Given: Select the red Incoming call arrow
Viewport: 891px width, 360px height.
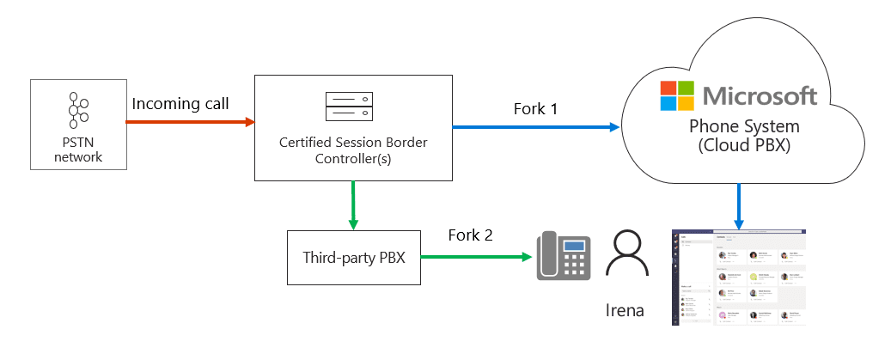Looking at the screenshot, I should tap(190, 122).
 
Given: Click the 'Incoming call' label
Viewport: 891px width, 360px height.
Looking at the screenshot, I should tap(180, 104).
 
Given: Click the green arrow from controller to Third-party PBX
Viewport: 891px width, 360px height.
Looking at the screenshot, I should tap(352, 204).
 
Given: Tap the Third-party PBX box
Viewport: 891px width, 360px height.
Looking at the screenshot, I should tap(354, 256).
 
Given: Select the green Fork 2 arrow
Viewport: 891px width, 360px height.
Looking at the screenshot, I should tap(473, 256).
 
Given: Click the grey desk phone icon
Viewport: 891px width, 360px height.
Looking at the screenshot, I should tap(564, 256).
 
